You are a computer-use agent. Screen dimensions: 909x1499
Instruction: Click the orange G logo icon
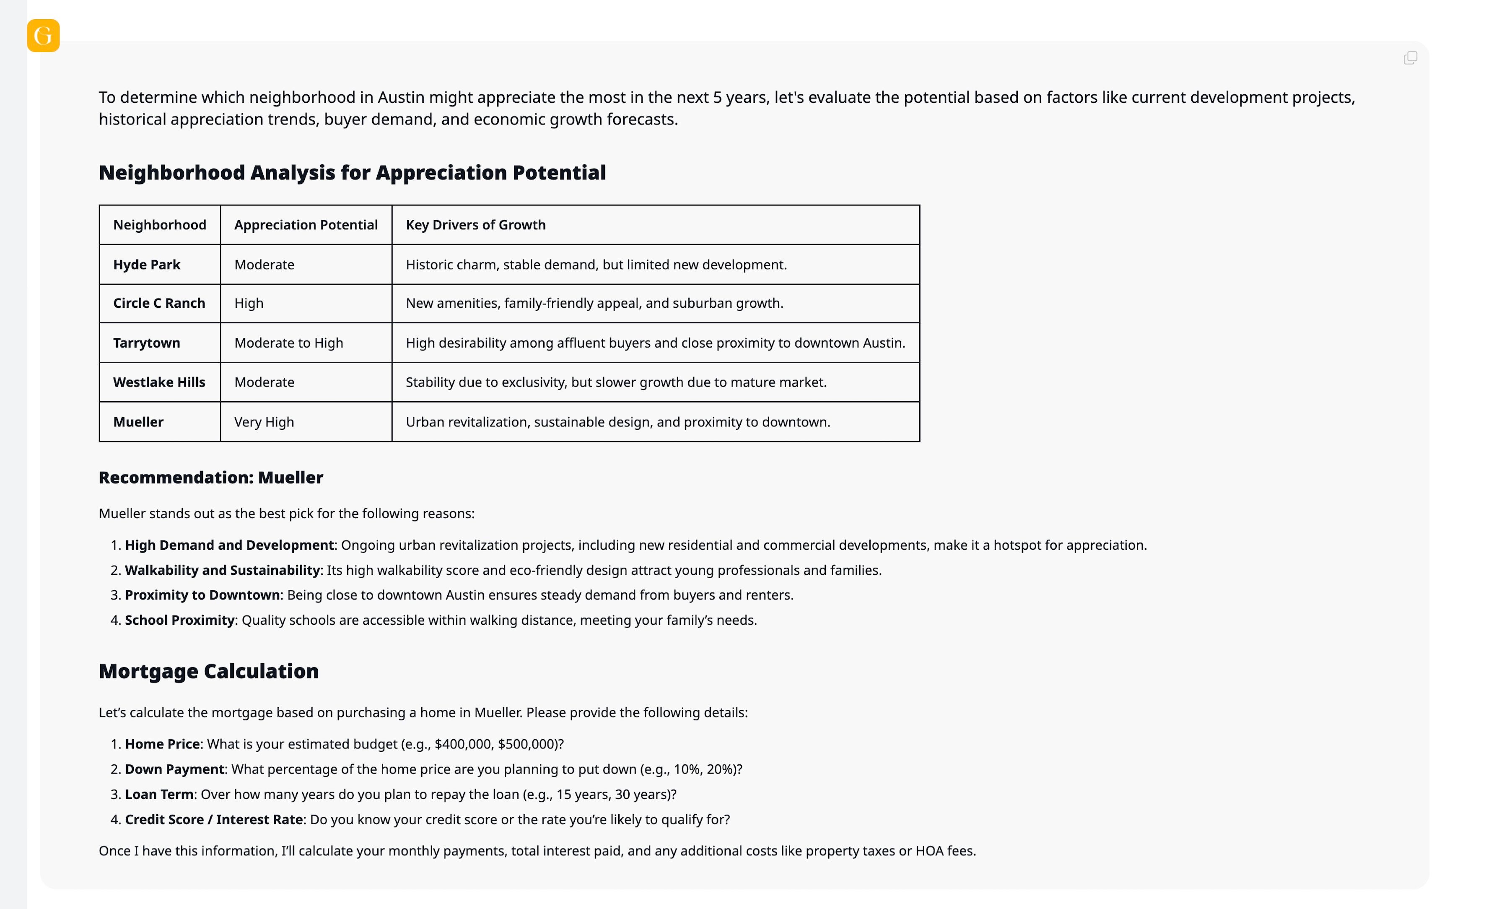pos(43,35)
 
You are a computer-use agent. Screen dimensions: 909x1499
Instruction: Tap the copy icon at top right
pos(1410,58)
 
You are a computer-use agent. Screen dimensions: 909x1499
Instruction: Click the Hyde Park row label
pos(147,265)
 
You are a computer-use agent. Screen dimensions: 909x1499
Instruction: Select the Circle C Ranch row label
pos(159,303)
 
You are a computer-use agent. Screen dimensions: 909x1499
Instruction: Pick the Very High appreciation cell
pos(264,422)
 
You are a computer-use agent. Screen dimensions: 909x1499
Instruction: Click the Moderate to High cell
pos(288,343)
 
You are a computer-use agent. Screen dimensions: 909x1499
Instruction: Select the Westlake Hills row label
pos(159,382)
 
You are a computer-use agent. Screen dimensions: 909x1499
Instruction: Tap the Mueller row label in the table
pos(138,422)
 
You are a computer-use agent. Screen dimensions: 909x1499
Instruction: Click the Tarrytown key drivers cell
pos(655,343)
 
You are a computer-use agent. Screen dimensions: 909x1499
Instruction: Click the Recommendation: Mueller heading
pos(210,478)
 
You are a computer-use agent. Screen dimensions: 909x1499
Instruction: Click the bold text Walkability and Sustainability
pos(222,570)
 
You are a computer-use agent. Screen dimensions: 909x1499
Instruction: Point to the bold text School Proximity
pos(179,620)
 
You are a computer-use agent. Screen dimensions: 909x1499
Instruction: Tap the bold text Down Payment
pos(175,769)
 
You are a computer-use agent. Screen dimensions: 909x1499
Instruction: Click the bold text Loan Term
pos(159,794)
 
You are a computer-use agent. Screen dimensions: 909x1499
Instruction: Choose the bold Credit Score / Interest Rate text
pos(213,820)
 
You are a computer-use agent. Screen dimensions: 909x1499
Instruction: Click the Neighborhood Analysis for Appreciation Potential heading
pos(352,173)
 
